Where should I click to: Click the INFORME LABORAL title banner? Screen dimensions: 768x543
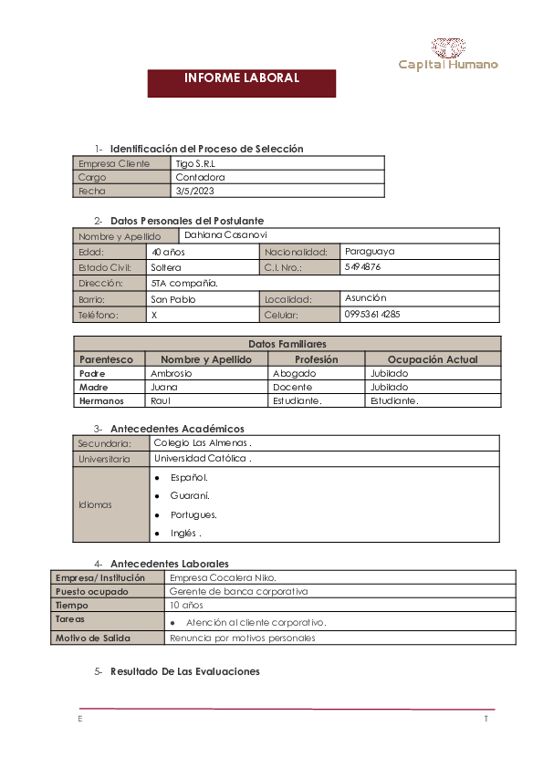[242, 78]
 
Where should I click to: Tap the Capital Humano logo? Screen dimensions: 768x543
[448, 56]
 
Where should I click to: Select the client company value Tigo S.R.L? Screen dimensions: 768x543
[195, 163]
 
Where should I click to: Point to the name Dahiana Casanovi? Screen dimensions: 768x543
[225, 235]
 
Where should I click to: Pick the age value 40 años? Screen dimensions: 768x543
[168, 251]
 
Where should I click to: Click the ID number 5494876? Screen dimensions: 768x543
[363, 267]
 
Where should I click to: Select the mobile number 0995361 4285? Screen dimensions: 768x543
[372, 314]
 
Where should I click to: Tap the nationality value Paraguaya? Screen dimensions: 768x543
[370, 251]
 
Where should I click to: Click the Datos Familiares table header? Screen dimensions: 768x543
[287, 344]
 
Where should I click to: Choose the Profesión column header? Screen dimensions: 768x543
[316, 359]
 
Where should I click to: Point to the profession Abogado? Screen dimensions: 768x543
[294, 373]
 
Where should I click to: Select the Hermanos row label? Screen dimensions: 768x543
[101, 400]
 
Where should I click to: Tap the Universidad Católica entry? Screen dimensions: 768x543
[202, 458]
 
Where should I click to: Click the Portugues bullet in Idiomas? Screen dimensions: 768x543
[193, 514]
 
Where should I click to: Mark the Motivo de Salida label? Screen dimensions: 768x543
[92, 638]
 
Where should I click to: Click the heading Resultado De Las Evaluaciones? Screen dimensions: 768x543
[184, 671]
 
